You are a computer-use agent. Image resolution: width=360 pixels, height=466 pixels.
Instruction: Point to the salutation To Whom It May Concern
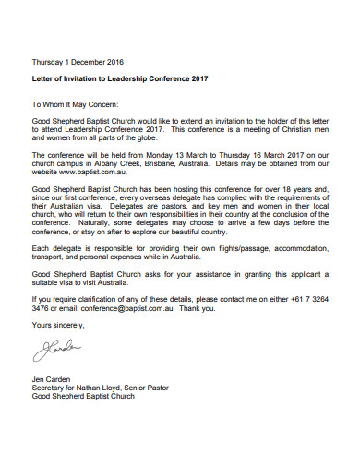pyautogui.click(x=78, y=105)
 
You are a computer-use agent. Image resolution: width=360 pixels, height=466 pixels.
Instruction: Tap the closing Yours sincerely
pyautogui.click(x=57, y=325)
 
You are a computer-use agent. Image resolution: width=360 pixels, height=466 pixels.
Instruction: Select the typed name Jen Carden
pyautogui.click(x=54, y=379)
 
